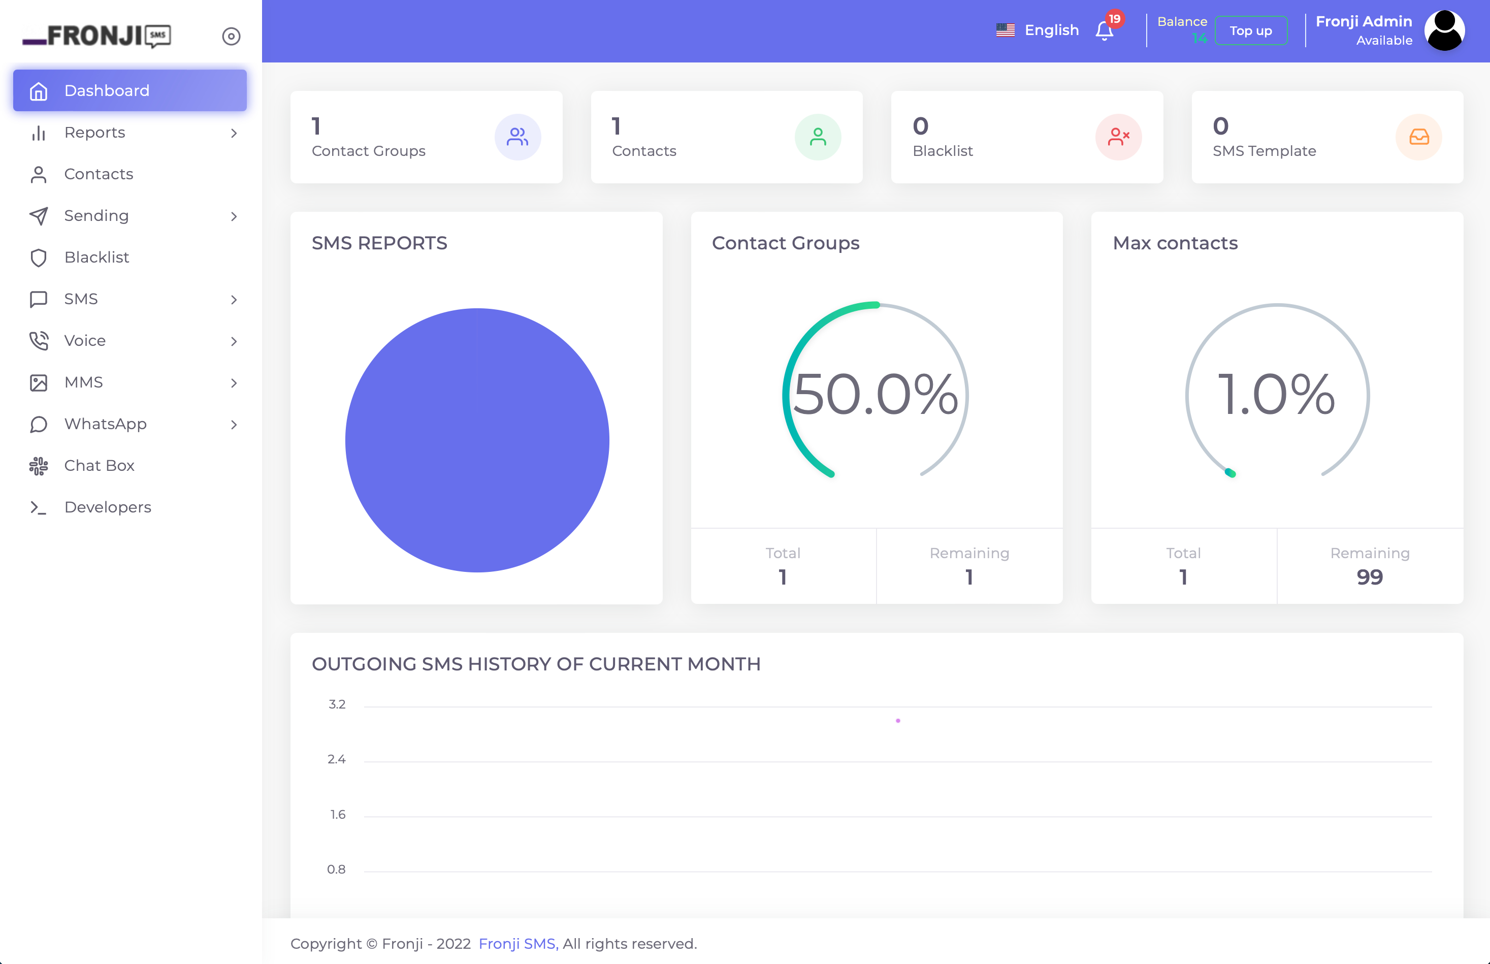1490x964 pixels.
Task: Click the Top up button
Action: click(x=1250, y=30)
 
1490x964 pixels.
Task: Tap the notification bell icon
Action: click(x=1104, y=30)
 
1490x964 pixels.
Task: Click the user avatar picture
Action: click(x=1444, y=30)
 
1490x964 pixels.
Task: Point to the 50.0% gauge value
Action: click(x=876, y=394)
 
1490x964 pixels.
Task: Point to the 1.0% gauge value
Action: click(x=1277, y=394)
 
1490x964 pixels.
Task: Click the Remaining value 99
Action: click(x=1369, y=576)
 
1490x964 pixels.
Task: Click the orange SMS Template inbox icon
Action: click(x=1419, y=137)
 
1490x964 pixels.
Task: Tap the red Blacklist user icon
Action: click(x=1118, y=137)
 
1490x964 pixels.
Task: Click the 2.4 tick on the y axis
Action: click(x=337, y=759)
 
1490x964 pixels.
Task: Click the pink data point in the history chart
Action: click(x=898, y=721)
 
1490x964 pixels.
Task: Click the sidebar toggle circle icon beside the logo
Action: click(x=231, y=36)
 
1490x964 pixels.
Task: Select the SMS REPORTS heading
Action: click(x=379, y=243)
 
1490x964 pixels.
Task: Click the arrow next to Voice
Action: click(x=234, y=341)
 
